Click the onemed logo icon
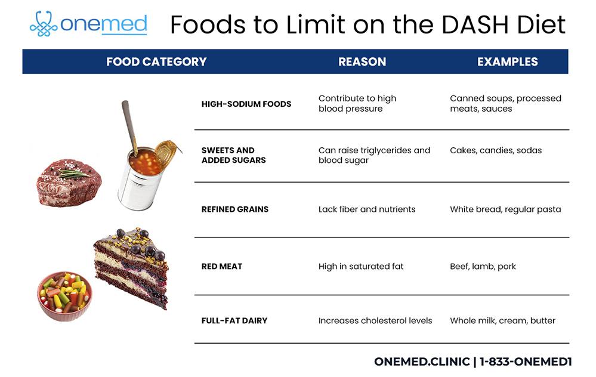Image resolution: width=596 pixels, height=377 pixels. click(44, 24)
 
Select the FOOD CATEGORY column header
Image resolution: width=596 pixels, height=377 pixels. click(156, 61)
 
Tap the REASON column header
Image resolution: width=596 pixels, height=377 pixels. click(362, 61)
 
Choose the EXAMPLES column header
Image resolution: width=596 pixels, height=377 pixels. click(507, 61)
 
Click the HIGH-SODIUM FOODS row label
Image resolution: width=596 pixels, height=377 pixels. click(246, 104)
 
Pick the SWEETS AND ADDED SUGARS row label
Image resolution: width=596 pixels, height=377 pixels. click(233, 155)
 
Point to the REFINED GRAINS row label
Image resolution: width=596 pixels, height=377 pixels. click(235, 209)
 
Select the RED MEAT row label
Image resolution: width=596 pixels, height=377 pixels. click(222, 266)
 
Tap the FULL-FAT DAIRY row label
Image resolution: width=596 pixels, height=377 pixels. click(234, 320)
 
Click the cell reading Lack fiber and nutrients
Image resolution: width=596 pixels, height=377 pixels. click(367, 209)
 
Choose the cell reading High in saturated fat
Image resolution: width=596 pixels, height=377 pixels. click(361, 266)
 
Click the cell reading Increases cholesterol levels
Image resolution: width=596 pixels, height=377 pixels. click(375, 320)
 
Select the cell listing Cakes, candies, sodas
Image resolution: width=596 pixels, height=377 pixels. click(496, 150)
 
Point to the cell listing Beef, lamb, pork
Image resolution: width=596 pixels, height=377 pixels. click(483, 266)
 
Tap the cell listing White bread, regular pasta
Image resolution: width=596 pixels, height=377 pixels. click(505, 209)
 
